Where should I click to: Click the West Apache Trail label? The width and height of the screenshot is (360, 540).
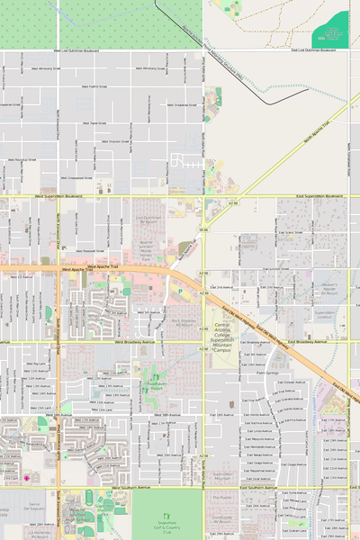point(78,268)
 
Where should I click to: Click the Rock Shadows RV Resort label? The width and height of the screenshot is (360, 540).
point(184,321)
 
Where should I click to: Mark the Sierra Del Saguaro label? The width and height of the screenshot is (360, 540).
point(36,507)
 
